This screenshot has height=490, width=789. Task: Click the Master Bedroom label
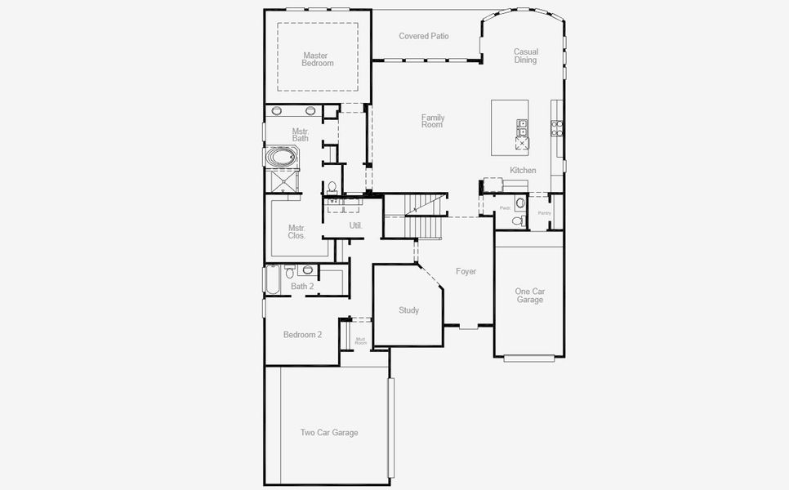[317, 60]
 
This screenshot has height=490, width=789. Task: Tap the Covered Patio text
[423, 36]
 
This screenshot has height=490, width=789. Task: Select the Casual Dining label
[525, 56]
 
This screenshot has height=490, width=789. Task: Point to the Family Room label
[432, 121]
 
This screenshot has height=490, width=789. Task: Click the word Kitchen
[523, 170]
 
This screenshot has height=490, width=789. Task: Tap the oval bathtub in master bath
[283, 157]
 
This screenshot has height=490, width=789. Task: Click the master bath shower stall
[283, 181]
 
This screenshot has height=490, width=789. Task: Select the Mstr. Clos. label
[296, 232]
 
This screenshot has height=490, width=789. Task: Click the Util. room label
[355, 225]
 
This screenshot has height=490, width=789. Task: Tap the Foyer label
[466, 271]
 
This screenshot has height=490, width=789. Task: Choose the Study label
[408, 310]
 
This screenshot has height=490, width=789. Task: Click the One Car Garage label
[529, 296]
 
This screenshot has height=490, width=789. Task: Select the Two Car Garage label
[329, 433]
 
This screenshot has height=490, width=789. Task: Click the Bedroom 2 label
[302, 335]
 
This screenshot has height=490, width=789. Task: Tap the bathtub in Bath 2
[272, 280]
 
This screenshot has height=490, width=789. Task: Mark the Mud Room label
[360, 341]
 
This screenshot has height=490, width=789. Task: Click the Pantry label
[544, 213]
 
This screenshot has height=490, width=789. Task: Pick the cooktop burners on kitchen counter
[556, 127]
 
